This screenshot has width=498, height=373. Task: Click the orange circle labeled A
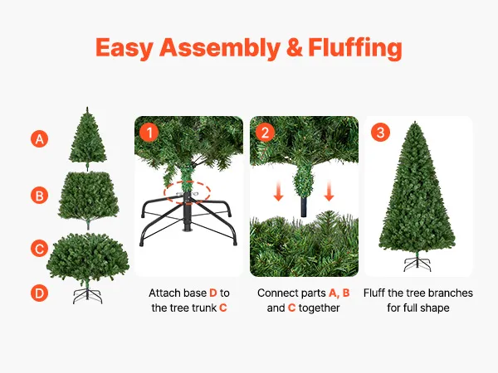coord(39,139)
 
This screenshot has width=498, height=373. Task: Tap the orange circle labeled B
coord(39,196)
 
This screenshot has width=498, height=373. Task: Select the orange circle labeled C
coord(39,248)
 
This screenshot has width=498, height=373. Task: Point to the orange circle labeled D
coord(39,293)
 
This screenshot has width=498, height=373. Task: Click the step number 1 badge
coord(149,133)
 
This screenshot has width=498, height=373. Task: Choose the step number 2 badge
coord(265,133)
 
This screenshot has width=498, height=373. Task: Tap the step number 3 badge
coord(380,133)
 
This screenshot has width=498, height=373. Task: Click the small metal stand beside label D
coord(88,296)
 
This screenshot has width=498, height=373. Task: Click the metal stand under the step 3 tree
coord(417,264)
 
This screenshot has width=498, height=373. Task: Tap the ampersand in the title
coord(294,47)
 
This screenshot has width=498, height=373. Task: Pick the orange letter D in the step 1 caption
coord(213,293)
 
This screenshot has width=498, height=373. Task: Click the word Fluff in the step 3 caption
coord(374,293)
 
